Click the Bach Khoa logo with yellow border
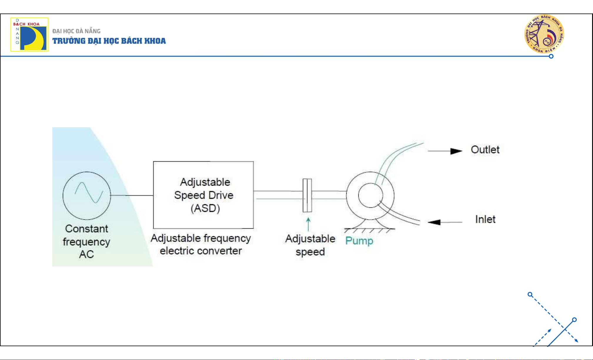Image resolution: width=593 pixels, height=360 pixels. click(x=29, y=34)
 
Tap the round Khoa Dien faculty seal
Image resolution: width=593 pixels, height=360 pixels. click(x=544, y=34)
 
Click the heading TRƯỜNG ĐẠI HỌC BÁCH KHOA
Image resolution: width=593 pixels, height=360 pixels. click(x=109, y=41)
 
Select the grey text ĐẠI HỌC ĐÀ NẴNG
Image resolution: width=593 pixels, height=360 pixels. click(x=76, y=31)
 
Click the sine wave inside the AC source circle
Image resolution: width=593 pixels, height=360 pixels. click(x=89, y=192)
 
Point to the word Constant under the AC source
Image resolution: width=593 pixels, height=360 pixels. click(x=86, y=229)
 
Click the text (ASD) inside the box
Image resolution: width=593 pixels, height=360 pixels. click(x=205, y=208)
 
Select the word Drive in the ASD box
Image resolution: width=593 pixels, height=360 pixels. click(x=221, y=195)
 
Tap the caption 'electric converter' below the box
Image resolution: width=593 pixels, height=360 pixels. click(x=201, y=251)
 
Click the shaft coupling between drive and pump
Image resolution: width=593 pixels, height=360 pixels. click(x=307, y=195)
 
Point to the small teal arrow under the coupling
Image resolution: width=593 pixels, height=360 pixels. click(x=308, y=224)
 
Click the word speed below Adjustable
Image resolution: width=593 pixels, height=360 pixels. click(x=310, y=252)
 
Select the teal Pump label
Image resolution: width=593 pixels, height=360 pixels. click(x=359, y=241)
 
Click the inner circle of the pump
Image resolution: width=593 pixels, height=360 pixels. click(x=370, y=195)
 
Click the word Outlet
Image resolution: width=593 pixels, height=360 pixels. click(x=485, y=150)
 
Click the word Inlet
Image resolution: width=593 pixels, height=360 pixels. click(x=485, y=219)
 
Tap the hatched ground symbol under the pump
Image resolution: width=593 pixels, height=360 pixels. click(x=370, y=230)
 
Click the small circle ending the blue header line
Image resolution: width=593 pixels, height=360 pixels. click(x=551, y=56)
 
